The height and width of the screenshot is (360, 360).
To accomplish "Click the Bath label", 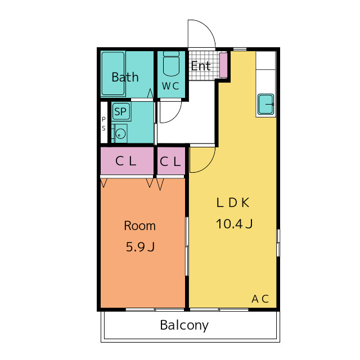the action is (x=125, y=77).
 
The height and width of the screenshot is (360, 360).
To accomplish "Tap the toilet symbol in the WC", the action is (x=171, y=64).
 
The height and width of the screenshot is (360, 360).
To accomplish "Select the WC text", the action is (x=170, y=86).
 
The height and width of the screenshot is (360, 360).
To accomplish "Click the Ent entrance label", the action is (x=201, y=66).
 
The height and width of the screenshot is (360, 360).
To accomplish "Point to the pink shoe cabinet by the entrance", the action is (x=223, y=65).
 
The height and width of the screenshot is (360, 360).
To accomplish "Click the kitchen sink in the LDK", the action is (x=265, y=104).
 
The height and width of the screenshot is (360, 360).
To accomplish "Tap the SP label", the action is (x=120, y=111).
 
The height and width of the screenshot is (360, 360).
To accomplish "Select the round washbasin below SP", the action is (x=120, y=133).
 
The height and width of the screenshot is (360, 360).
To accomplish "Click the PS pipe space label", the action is (x=103, y=124).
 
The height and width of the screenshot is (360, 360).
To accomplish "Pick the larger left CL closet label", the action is (x=126, y=161).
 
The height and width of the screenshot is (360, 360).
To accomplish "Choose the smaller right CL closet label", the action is (x=170, y=161).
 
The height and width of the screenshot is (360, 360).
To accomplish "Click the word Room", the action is (x=140, y=226).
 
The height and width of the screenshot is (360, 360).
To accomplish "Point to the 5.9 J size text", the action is (x=140, y=247).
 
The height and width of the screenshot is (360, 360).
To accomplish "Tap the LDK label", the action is (x=233, y=202).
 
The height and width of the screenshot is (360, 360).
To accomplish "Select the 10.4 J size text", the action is (x=234, y=224).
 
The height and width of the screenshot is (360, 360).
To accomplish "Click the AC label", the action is (x=260, y=299).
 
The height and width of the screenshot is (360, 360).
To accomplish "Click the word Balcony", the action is (x=184, y=326).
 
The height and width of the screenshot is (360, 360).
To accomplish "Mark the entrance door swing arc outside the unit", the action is (x=201, y=34).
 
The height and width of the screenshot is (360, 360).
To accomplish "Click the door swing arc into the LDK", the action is (x=202, y=160).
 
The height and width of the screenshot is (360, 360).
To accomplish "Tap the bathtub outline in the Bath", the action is (x=113, y=74).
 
